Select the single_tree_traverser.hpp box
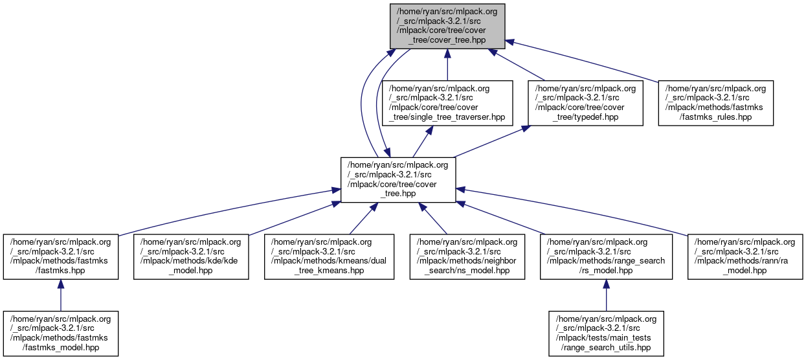pyautogui.click(x=447, y=103)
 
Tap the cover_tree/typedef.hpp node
pyautogui.click(x=585, y=103)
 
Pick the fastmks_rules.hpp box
pyautogui.click(x=715, y=103)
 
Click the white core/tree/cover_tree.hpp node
pyautogui.click(x=398, y=179)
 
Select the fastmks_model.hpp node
pyautogui.click(x=60, y=333)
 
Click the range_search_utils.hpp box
pyautogui.click(x=606, y=333)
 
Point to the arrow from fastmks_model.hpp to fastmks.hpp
pyautogui.click(x=60, y=295)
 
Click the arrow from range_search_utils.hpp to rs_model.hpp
pyautogui.click(x=606, y=295)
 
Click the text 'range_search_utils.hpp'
pyautogui.click(x=606, y=348)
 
